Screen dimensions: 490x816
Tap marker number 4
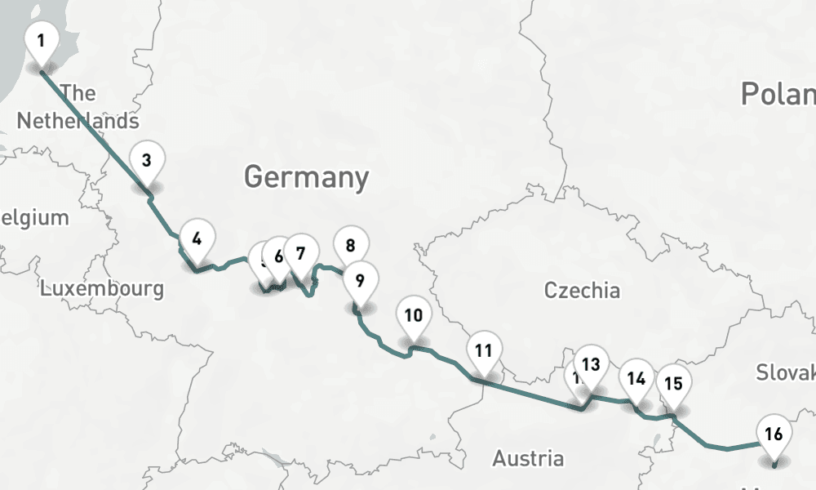tap(197, 240)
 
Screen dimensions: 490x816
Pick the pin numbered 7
tap(301, 254)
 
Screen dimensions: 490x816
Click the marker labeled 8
tap(351, 246)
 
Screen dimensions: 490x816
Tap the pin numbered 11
tap(484, 352)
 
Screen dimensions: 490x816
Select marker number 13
tap(592, 365)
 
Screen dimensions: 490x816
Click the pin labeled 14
tap(636, 379)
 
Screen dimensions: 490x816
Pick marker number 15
tap(673, 384)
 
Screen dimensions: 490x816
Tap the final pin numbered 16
tap(774, 434)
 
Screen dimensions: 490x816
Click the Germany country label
tap(306, 177)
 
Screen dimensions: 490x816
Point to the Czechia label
tap(582, 290)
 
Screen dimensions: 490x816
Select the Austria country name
tap(527, 458)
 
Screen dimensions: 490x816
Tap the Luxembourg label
tap(102, 288)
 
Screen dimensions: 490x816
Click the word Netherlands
tap(78, 121)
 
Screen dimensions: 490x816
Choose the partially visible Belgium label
tap(34, 218)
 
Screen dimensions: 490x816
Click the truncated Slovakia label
tap(785, 372)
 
